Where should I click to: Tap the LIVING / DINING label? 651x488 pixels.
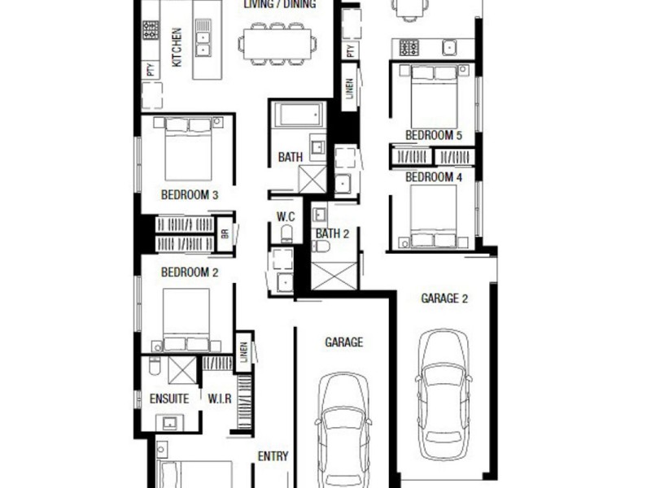(279, 4)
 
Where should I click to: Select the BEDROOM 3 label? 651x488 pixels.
(189, 195)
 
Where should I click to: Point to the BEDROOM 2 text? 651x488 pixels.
(189, 272)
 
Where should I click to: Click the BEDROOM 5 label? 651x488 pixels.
(433, 135)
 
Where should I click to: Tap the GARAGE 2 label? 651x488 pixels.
(444, 298)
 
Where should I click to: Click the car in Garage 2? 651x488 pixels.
(443, 394)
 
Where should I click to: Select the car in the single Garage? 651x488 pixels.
(343, 431)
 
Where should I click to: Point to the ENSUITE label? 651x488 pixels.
(169, 399)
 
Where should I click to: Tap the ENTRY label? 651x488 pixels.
(273, 456)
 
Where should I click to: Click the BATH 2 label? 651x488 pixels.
(333, 233)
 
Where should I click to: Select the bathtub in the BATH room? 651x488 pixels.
(299, 115)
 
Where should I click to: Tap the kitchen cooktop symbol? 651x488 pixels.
(151, 30)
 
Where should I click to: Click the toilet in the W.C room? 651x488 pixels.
(286, 234)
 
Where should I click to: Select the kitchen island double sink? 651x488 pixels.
(203, 38)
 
